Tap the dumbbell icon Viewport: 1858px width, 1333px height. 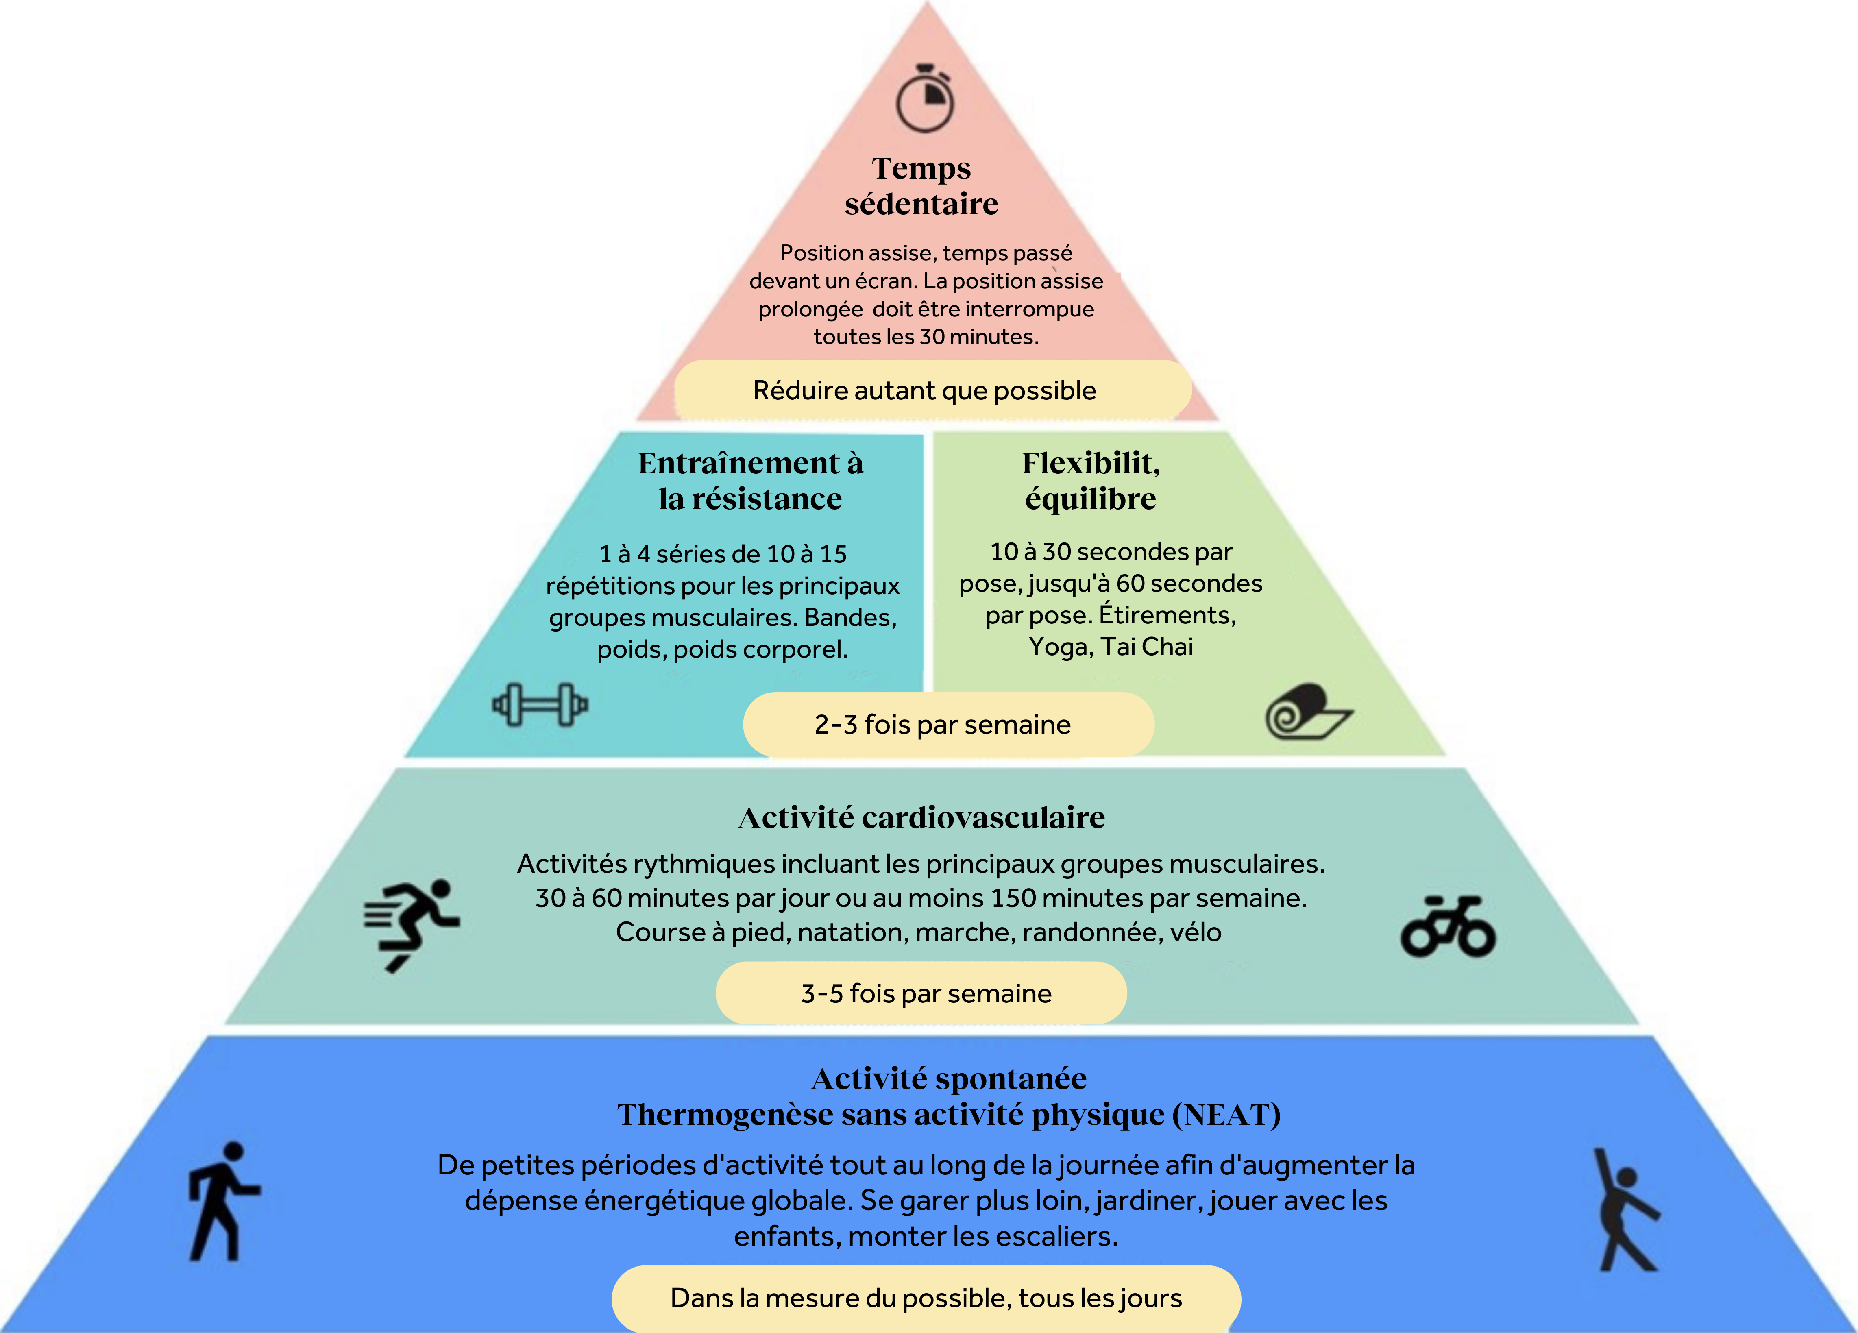(540, 705)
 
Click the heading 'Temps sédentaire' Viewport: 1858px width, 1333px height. (921, 186)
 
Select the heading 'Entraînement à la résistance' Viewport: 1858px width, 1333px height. (750, 481)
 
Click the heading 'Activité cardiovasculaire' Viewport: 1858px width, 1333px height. (921, 818)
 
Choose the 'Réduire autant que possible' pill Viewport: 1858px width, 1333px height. (925, 391)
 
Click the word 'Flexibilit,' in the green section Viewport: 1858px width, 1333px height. (1090, 464)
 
